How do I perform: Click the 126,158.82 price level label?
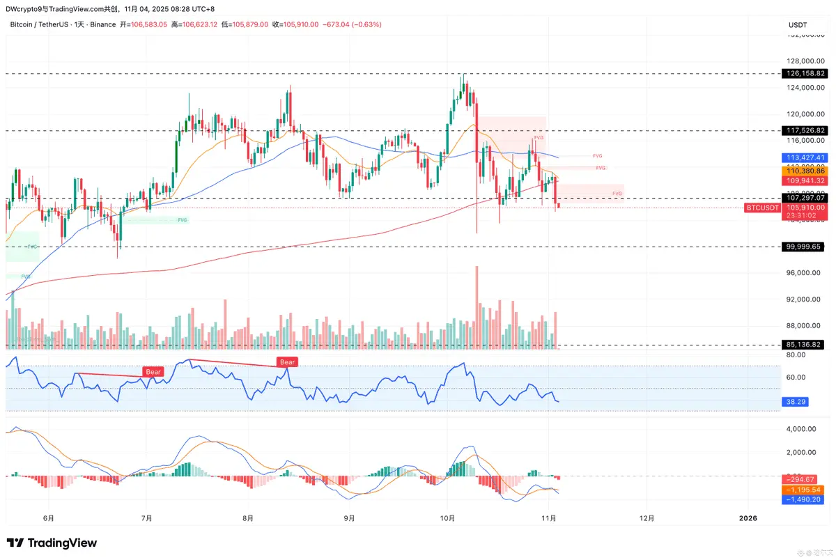point(805,73)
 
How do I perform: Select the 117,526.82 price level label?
point(805,130)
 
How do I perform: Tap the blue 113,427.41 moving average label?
point(805,157)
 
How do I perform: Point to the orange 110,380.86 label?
point(805,171)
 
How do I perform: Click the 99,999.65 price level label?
point(805,247)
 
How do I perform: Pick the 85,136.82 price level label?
point(805,344)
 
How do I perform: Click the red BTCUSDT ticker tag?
point(761,208)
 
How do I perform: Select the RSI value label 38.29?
point(795,402)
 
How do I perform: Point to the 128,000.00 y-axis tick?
point(802,61)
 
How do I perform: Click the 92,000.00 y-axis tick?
point(802,300)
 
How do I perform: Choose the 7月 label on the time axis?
point(146,518)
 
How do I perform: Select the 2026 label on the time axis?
point(748,518)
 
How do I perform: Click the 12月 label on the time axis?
point(647,518)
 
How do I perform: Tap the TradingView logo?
point(52,543)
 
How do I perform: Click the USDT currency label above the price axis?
point(797,25)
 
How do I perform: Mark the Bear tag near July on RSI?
point(153,372)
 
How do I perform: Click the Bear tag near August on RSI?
point(287,361)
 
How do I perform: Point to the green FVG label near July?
point(183,220)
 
